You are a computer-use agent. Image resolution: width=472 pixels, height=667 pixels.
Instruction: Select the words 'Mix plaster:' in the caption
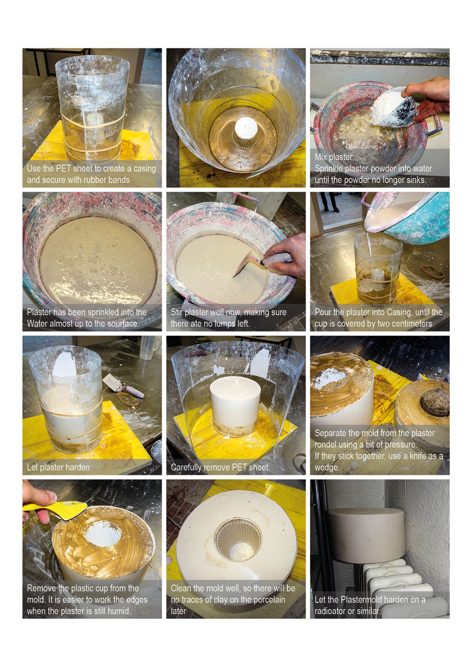point(335,157)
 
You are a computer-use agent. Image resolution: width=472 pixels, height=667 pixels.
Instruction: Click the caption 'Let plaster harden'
point(58,467)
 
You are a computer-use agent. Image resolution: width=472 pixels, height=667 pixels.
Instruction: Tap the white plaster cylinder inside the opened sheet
point(235,399)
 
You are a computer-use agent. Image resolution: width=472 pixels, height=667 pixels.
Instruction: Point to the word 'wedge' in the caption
point(327,467)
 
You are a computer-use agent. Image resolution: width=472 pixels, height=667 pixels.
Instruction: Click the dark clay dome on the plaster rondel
point(435,401)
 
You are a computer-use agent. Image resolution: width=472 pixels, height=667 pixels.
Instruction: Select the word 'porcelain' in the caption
point(268,600)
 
